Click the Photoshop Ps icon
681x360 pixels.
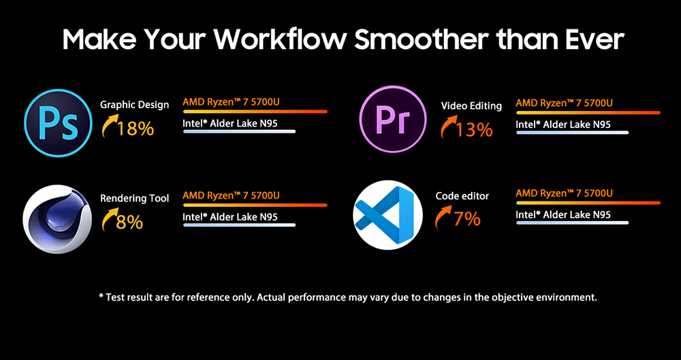click(58, 122)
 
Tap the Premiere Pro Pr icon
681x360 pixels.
click(394, 118)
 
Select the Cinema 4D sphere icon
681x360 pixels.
click(57, 219)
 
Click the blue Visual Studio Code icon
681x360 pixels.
click(388, 215)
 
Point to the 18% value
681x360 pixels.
click(136, 129)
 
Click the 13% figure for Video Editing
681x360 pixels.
click(474, 129)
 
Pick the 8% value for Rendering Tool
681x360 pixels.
click(129, 222)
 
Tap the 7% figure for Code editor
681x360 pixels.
click(467, 219)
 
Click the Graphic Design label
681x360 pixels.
click(135, 105)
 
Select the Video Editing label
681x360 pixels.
click(471, 105)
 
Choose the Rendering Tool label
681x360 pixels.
click(135, 199)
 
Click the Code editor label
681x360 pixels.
click(462, 196)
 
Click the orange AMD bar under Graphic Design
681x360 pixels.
click(255, 112)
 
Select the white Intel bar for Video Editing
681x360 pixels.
click(573, 132)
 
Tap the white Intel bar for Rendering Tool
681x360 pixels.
click(239, 225)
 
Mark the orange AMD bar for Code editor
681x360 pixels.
click(588, 203)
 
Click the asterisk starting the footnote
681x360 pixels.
click(101, 296)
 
